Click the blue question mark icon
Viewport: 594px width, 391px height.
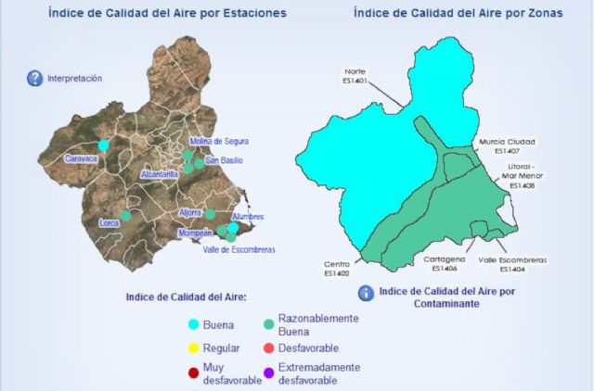tap(35, 79)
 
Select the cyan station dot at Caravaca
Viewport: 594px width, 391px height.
tap(104, 145)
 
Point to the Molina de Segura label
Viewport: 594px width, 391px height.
tap(218, 141)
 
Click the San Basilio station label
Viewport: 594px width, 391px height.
tap(225, 161)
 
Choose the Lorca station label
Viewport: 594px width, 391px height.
tap(110, 223)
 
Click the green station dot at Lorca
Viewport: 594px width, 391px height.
tap(126, 215)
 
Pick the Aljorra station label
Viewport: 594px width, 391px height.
tap(189, 212)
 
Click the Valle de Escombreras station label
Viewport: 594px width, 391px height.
tap(239, 249)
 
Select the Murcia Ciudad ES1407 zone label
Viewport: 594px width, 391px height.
tap(507, 145)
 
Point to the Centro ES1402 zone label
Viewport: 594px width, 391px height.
tap(337, 268)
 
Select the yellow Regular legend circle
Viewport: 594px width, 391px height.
tap(193, 348)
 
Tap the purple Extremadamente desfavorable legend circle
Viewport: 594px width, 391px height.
tap(268, 373)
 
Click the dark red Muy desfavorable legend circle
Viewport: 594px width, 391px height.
tap(193, 373)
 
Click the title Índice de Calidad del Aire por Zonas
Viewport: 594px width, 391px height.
tap(457, 14)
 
